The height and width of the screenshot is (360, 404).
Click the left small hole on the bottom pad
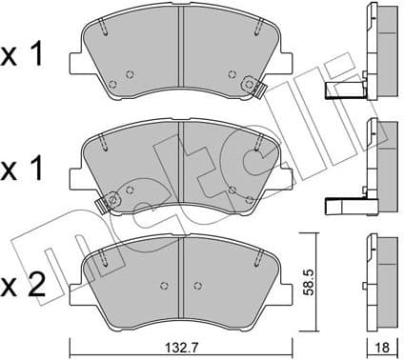pyautogui.click(x=164, y=285)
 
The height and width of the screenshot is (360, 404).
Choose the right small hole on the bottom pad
pyautogui.click(x=197, y=285)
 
